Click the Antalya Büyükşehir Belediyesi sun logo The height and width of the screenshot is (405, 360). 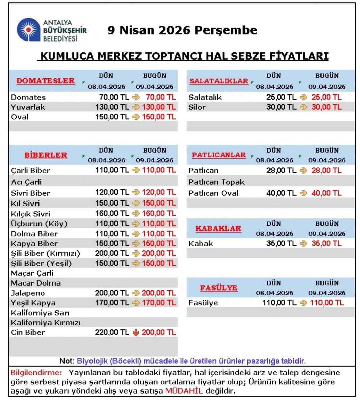[x=29, y=30]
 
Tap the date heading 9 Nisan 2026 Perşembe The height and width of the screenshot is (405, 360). [x=182, y=30]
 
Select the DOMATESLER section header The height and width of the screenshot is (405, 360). [x=46, y=81]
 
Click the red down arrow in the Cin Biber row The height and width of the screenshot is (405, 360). [x=136, y=332]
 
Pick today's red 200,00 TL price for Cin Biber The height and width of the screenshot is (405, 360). [x=159, y=332]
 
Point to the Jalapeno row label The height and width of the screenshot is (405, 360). [x=28, y=293]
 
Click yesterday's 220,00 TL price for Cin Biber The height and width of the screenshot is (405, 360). [x=112, y=332]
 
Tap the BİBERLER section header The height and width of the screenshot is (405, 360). [x=46, y=155]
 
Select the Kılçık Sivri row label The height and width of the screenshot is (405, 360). [x=30, y=214]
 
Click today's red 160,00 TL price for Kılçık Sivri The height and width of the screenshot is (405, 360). [x=159, y=213]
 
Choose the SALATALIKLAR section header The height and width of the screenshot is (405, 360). [x=219, y=81]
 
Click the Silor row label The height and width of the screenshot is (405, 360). [x=197, y=107]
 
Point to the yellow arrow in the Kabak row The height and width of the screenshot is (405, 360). [x=303, y=243]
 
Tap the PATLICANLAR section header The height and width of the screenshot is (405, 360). [x=219, y=155]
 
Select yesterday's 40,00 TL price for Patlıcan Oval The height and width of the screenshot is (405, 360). [x=281, y=193]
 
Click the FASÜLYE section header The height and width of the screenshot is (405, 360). [x=218, y=288]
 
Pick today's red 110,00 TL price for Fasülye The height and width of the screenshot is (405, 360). [x=327, y=303]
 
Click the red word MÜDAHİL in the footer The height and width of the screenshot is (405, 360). [x=184, y=391]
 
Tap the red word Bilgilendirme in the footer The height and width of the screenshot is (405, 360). [x=36, y=373]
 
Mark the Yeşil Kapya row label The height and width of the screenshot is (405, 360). [x=33, y=303]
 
